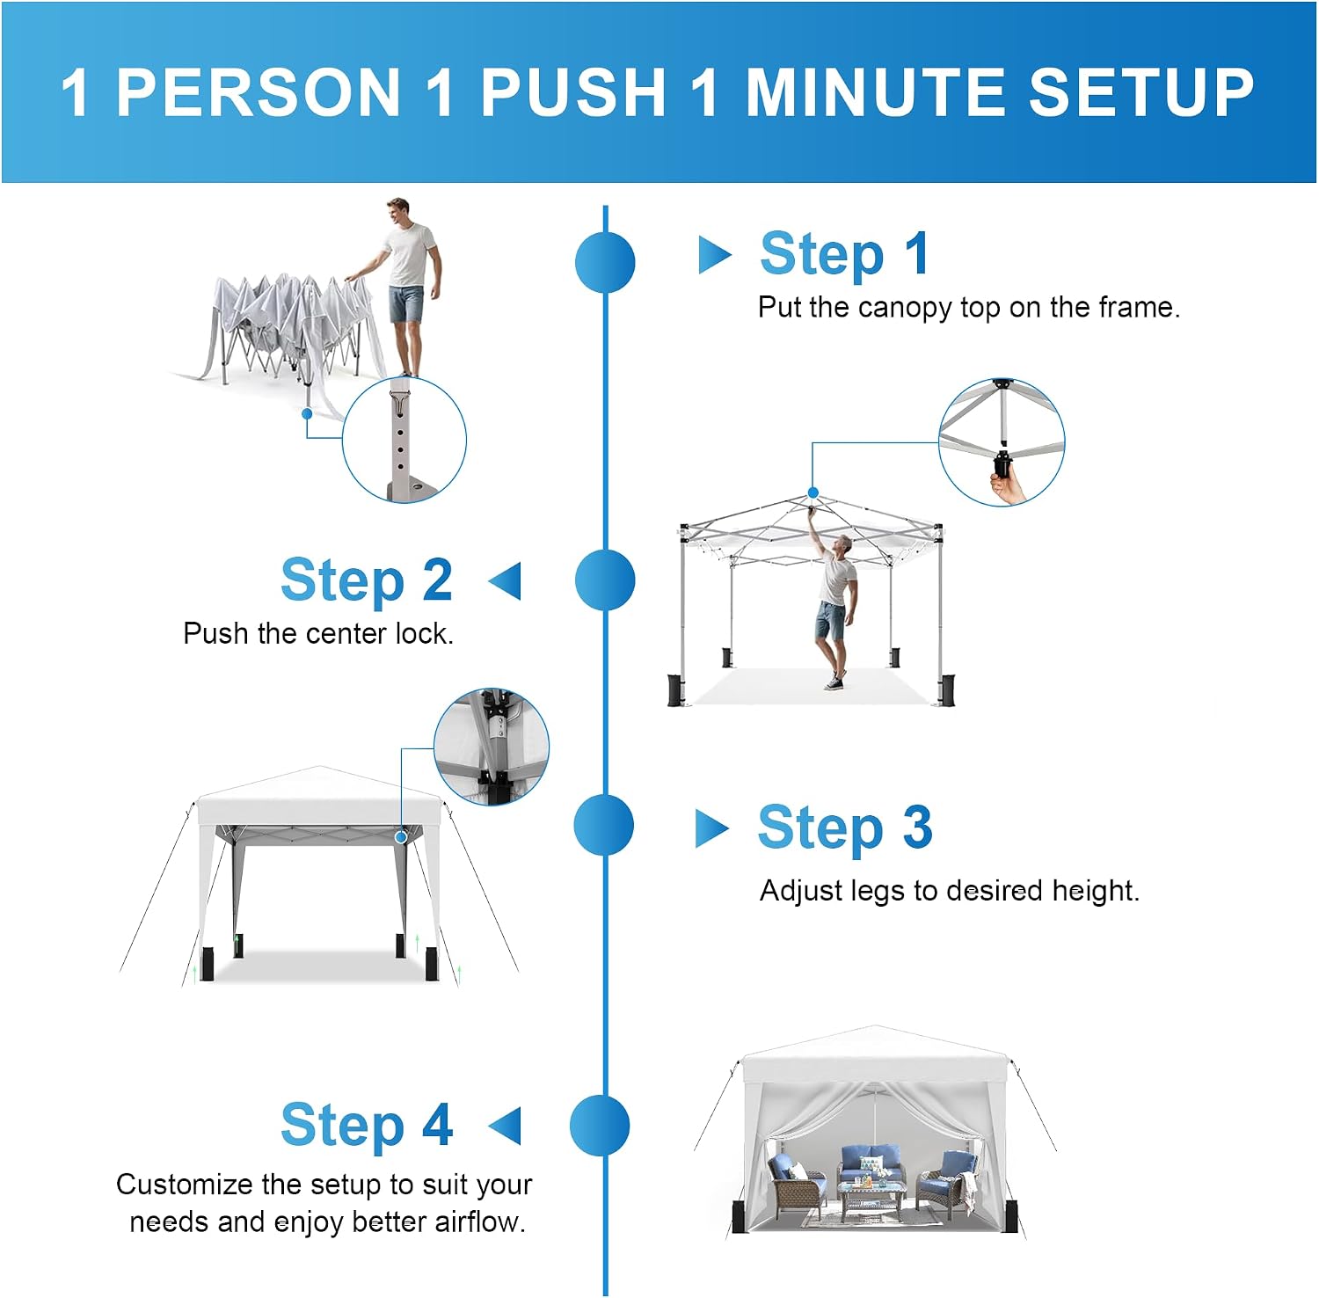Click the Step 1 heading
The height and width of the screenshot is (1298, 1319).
point(844,254)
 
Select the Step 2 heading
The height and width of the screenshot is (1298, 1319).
point(367,580)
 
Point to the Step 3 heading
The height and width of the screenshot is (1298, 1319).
point(844,828)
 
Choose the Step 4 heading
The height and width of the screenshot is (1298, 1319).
point(367,1125)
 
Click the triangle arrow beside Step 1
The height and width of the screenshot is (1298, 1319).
point(714,255)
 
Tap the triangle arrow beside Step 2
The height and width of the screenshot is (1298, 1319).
point(505,581)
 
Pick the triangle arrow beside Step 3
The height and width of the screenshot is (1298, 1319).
point(711,828)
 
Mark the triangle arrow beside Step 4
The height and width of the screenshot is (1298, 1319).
point(505,1127)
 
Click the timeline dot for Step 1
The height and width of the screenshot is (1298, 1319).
point(605,262)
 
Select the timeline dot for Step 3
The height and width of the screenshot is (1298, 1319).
point(603,825)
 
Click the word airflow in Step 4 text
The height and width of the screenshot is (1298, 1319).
point(479,1221)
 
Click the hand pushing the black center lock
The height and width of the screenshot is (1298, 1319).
point(1009,485)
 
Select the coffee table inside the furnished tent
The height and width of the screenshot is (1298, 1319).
point(872,1198)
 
